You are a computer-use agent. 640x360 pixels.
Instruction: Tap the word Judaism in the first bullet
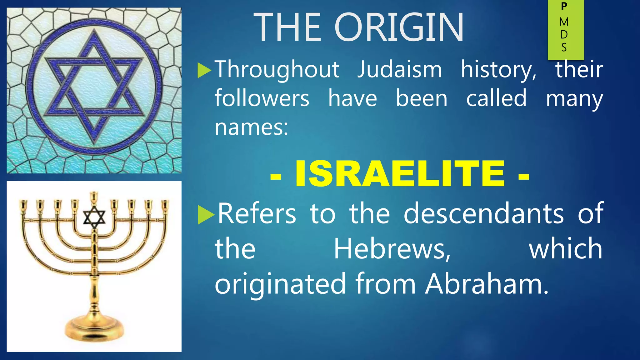click(x=400, y=70)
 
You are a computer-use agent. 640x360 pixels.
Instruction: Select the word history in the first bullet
click(x=499, y=70)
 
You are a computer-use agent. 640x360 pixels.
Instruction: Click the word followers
click(x=262, y=98)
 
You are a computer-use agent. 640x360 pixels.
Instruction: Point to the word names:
click(x=251, y=127)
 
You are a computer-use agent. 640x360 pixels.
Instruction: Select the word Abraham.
click(x=487, y=284)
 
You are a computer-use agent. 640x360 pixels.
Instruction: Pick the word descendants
click(x=484, y=214)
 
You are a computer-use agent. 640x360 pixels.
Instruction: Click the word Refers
click(x=257, y=214)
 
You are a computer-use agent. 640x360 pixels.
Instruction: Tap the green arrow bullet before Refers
click(x=206, y=215)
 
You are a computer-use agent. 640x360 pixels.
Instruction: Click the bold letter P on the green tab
click(x=564, y=7)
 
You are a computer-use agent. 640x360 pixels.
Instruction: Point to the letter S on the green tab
click(x=564, y=47)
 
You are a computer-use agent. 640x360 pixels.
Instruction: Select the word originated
click(x=280, y=284)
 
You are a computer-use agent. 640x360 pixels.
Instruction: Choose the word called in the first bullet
click(x=496, y=98)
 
